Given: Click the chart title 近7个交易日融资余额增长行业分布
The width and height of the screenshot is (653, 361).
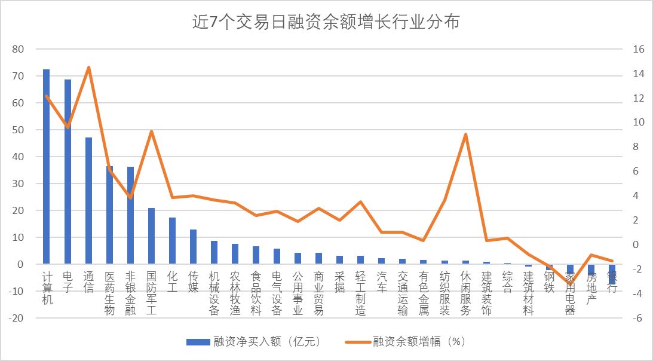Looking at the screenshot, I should (326, 22).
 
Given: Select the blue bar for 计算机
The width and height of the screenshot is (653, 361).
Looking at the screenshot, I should (47, 167).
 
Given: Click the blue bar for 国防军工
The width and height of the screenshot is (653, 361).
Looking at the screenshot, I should (151, 236).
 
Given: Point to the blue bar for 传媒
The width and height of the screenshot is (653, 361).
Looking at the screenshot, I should (193, 247).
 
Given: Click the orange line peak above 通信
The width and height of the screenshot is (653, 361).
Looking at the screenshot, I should (88, 68).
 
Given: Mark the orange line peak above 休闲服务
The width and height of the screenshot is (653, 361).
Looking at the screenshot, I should (465, 134).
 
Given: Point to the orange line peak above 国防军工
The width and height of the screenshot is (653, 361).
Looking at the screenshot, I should (151, 131).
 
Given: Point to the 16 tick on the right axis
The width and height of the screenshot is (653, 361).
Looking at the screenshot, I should (639, 49).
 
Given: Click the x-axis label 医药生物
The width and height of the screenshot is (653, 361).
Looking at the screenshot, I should (109, 293).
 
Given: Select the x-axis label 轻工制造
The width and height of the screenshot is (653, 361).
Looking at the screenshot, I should (360, 293).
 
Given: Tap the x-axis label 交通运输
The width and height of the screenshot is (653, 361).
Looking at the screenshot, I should (402, 293).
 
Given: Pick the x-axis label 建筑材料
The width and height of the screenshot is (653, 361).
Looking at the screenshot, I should (528, 293).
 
